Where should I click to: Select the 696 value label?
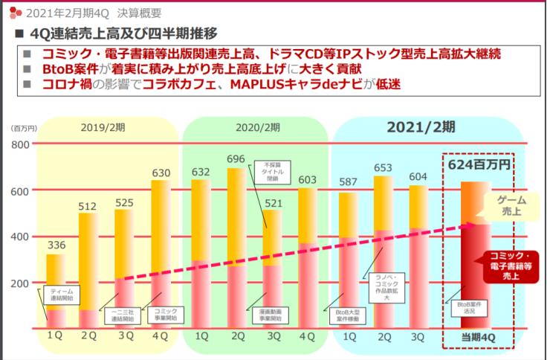pos(236,158)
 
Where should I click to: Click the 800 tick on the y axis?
pos(20,144)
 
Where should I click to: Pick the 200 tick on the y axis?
pos(20,283)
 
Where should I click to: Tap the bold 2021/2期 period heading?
pos(421,126)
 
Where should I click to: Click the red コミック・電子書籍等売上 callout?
pos(512,266)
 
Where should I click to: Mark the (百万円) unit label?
pos(22,128)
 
